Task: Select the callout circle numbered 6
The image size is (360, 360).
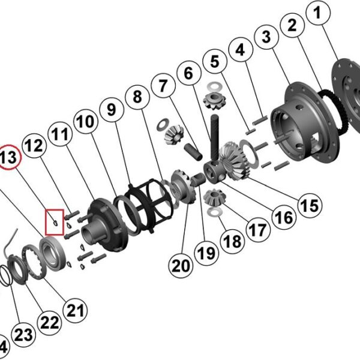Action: pos(189,75)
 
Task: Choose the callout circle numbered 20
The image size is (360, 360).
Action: pos(179,264)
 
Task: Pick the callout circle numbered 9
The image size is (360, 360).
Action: pos(111,111)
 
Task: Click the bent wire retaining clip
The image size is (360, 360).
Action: pos(8,249)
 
